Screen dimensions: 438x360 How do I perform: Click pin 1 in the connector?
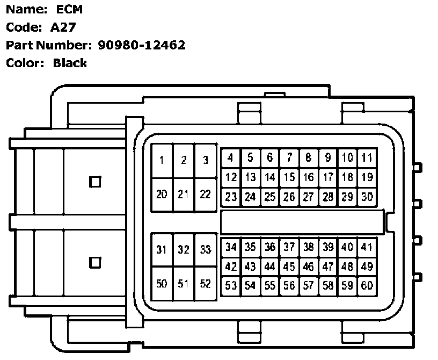[x=162, y=160]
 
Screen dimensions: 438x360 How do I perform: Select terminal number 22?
[x=205, y=194]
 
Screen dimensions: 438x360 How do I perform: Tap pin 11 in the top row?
[x=367, y=157]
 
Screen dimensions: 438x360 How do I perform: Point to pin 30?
[x=367, y=197]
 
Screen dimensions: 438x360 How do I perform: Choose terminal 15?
[x=289, y=177]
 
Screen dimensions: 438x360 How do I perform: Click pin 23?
[x=231, y=197]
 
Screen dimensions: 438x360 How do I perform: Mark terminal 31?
[x=162, y=249]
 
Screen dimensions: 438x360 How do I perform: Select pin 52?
[x=205, y=284]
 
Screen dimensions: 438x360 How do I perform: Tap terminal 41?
[x=367, y=247]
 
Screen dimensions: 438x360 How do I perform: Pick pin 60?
[x=367, y=286]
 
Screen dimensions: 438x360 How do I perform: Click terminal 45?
[x=289, y=267]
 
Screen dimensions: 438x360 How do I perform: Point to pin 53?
[x=231, y=286]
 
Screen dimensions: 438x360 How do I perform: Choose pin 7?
[x=289, y=157]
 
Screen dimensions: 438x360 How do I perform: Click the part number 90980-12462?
[x=142, y=45]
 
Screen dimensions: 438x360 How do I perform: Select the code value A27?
[x=63, y=27]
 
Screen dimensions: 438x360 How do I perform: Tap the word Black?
[x=70, y=63]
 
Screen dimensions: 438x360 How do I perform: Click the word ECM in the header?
[x=69, y=9]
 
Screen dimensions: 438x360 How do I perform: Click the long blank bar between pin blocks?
[x=302, y=222]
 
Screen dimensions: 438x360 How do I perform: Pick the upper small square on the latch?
[x=95, y=182]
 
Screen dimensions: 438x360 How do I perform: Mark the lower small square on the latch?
[x=95, y=263]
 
